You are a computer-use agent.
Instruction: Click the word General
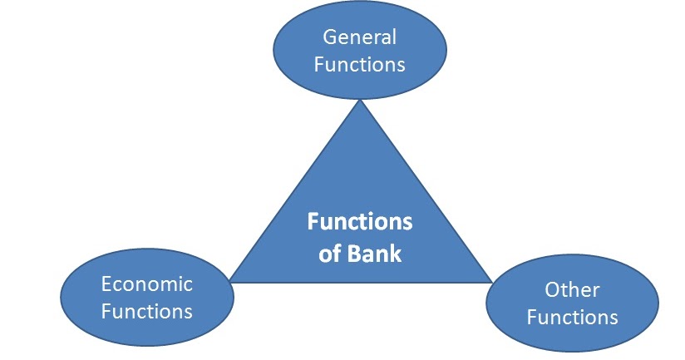pyautogui.click(x=359, y=37)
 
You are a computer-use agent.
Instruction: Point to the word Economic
pyautogui.click(x=146, y=284)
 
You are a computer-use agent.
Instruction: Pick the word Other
pyautogui.click(x=572, y=290)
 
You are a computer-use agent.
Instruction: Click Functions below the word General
pyautogui.click(x=359, y=64)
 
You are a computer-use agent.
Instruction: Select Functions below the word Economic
pyautogui.click(x=146, y=312)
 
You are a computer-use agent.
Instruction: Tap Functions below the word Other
pyautogui.click(x=572, y=317)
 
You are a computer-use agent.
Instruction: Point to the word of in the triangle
pyautogui.click(x=329, y=253)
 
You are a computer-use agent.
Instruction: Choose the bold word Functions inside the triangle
pyautogui.click(x=359, y=223)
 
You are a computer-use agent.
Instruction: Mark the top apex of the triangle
pyautogui.click(x=359, y=101)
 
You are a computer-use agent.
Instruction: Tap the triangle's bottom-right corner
pyautogui.click(x=490, y=282)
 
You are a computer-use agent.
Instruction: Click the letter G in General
pyautogui.click(x=329, y=37)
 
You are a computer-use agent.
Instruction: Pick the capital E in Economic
pyautogui.click(x=106, y=284)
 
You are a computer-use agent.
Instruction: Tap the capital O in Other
pyautogui.click(x=551, y=290)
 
